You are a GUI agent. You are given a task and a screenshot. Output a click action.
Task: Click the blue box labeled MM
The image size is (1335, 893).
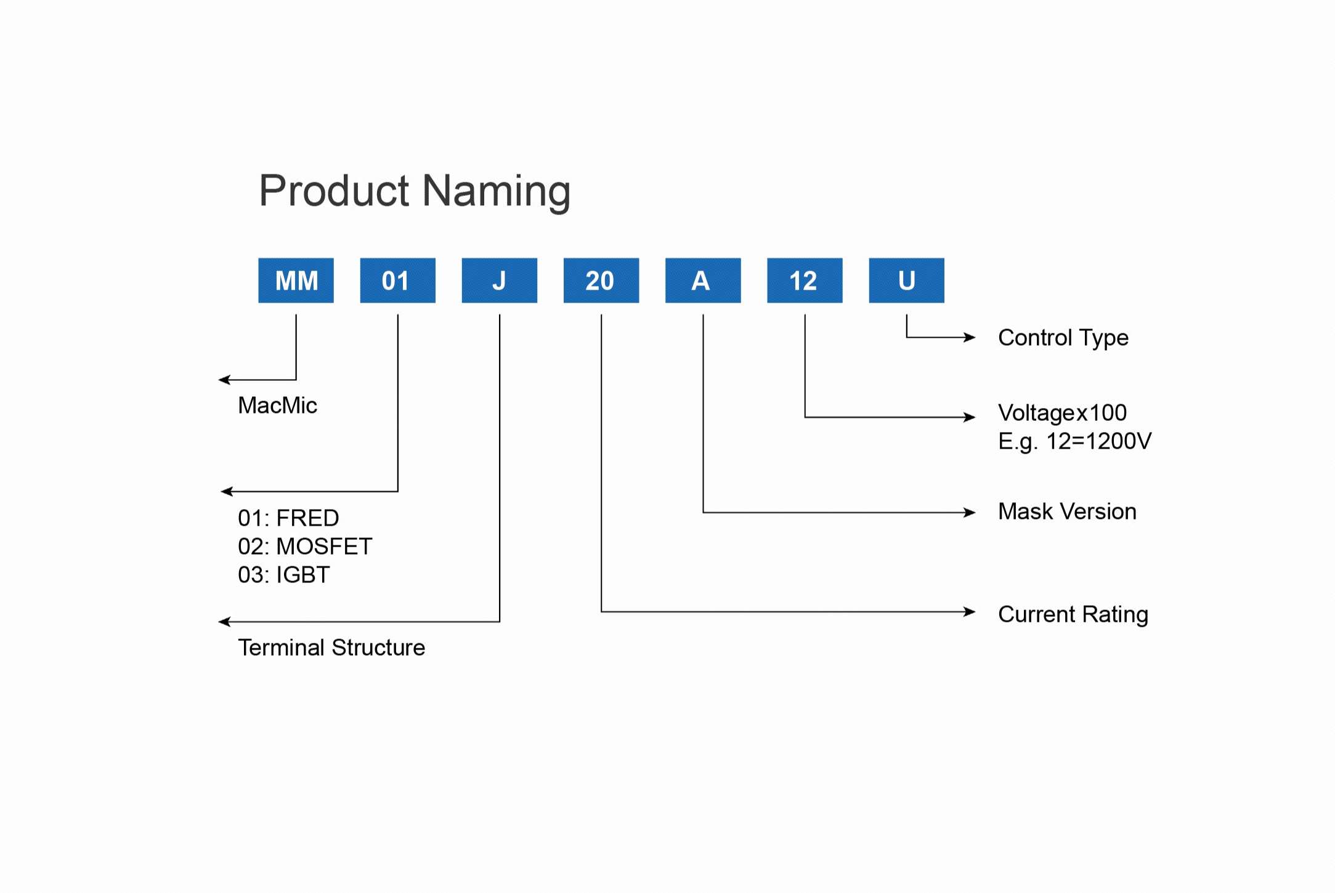point(296,280)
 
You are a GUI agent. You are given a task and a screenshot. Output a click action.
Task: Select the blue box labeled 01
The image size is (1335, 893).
point(397,280)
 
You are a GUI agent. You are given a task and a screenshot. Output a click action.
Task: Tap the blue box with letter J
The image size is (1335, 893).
point(499,280)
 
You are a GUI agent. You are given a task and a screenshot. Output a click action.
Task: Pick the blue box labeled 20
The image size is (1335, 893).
point(601,280)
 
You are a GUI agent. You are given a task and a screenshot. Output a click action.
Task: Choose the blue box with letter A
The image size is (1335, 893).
point(702,280)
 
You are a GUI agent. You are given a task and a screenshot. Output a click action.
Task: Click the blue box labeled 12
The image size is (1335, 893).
point(804,280)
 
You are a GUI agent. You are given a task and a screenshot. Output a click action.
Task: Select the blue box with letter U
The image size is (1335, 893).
point(906,280)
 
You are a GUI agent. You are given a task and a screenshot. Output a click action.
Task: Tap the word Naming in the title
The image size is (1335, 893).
point(497,192)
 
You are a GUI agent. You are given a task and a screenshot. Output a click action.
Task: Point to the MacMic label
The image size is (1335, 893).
point(277,406)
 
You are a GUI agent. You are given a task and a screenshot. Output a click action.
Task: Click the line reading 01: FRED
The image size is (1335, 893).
point(288,518)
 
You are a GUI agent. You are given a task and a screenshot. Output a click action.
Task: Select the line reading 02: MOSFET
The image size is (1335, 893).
point(305,547)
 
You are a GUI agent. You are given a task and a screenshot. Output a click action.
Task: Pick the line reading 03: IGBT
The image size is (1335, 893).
point(284,575)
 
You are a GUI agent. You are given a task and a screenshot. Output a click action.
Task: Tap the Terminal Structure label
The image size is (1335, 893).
point(331,648)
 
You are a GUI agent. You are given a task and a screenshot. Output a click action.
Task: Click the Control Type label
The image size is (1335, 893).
point(1063,338)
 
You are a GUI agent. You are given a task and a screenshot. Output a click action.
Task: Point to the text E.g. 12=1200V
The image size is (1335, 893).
point(1074,441)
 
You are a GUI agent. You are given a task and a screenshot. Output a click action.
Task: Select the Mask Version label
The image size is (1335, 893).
point(1067,512)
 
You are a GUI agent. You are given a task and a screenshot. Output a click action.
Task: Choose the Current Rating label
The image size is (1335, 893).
point(1073,614)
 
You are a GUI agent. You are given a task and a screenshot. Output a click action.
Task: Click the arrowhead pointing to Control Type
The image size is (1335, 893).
point(970,337)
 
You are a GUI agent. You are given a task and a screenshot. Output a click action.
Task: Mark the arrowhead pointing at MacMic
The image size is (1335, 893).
point(224,380)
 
